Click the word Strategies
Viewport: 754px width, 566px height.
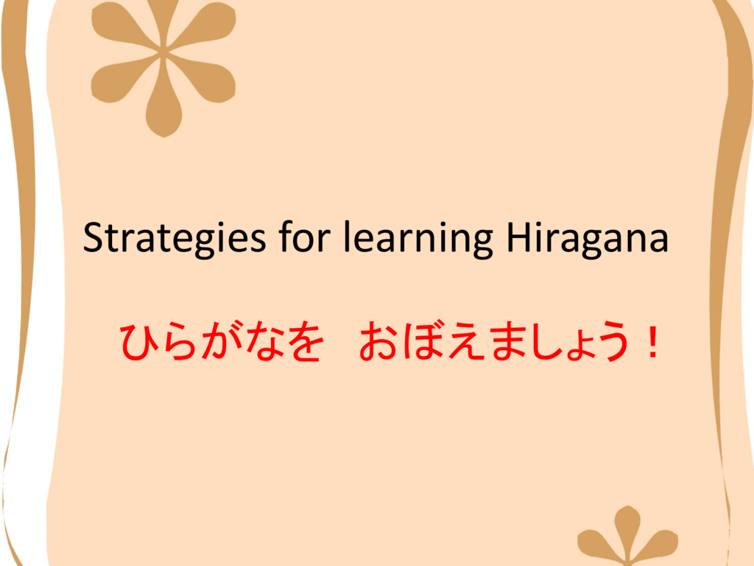coord(174,238)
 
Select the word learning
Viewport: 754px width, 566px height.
coord(418,238)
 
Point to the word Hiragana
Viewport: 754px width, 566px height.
coord(588,238)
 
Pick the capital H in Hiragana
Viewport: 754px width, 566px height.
coord(519,237)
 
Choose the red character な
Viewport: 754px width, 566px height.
coord(262,342)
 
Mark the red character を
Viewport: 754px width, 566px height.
coord(304,342)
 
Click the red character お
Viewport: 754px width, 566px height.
coord(378,342)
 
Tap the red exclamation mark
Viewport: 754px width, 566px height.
coord(652,342)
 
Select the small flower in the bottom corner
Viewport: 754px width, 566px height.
coord(628,539)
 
